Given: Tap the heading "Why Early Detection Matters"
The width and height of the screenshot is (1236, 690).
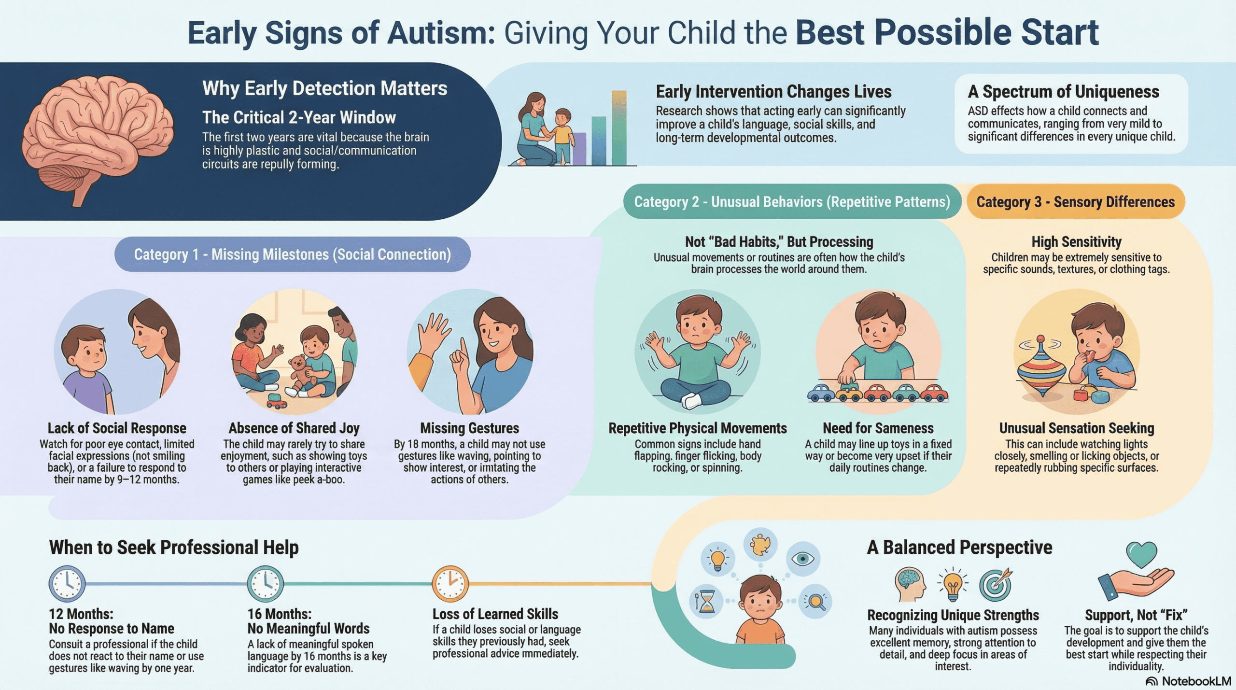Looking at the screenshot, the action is [324, 89].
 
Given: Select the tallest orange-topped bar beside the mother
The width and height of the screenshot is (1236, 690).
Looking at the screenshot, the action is [619, 127].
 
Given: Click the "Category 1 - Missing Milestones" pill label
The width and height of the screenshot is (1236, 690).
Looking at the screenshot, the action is [293, 254].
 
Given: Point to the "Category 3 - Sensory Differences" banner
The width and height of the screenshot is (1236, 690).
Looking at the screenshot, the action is [1075, 202].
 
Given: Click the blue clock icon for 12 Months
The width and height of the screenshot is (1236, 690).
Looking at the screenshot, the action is [67, 583].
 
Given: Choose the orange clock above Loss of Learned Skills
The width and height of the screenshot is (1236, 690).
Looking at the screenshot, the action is [450, 583].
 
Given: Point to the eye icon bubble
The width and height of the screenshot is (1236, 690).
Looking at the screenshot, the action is [803, 559].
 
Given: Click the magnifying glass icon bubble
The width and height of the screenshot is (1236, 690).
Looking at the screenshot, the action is [815, 601].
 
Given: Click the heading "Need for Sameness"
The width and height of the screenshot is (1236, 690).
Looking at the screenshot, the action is [878, 428].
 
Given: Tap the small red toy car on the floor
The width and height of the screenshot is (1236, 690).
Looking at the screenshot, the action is [277, 400].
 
